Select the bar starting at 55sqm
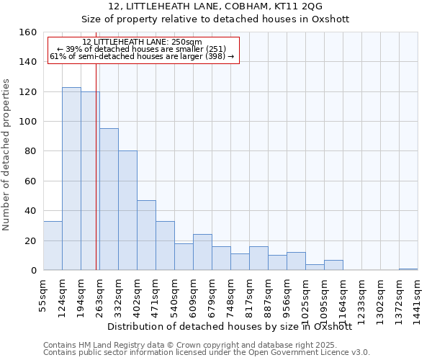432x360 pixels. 53,246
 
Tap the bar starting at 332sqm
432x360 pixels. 127,210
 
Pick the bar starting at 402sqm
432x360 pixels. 146,235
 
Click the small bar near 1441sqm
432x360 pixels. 408,269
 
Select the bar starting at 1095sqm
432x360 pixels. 333,265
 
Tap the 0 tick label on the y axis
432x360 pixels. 33,271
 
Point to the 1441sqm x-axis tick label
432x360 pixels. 418,302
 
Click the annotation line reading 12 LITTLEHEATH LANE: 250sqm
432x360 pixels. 142,42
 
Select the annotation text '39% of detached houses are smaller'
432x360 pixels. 142,49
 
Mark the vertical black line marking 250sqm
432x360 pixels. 96,180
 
